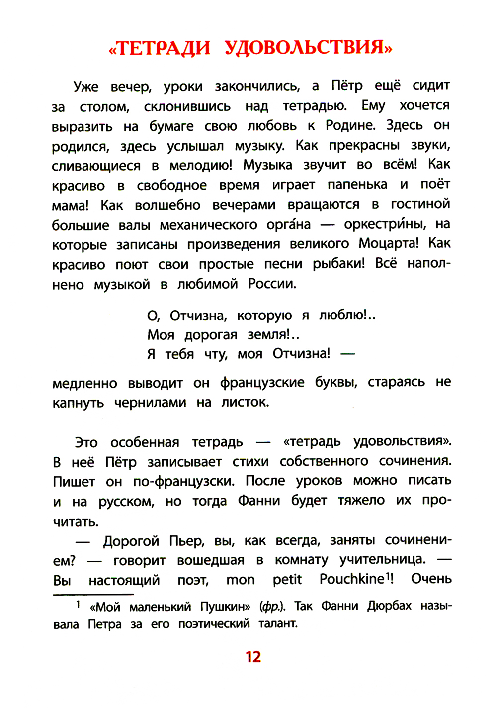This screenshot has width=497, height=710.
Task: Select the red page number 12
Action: click(x=253, y=657)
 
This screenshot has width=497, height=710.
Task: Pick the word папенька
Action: click(x=357, y=185)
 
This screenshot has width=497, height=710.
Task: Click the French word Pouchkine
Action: click(x=352, y=579)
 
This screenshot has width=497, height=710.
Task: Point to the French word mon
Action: click(x=241, y=580)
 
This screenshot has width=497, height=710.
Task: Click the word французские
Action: click(x=262, y=383)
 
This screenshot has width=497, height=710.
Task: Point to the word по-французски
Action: click(x=183, y=481)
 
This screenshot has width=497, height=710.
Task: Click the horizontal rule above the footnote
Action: click(x=93, y=594)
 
